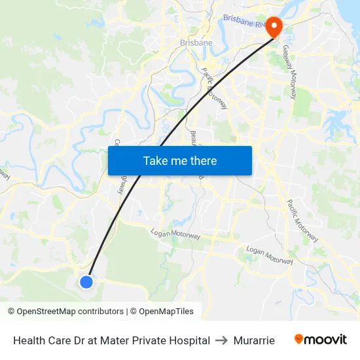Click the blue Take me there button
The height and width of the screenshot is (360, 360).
click(179, 160)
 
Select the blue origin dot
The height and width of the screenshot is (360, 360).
click(86, 281)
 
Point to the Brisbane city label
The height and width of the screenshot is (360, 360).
click(196, 43)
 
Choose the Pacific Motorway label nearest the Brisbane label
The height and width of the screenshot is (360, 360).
click(214, 88)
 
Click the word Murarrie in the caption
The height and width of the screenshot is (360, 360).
click(254, 340)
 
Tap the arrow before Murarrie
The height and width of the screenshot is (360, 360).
click(222, 340)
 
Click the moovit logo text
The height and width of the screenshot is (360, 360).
click(325, 340)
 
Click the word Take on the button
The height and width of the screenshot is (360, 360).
click(155, 160)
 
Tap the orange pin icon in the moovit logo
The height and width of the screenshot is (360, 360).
click(299, 339)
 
